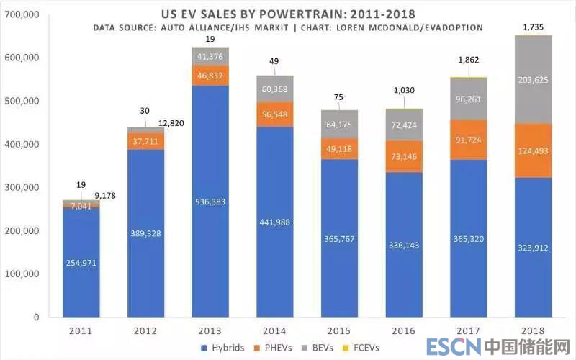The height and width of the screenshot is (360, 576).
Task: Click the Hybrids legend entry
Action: (x=224, y=348)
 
